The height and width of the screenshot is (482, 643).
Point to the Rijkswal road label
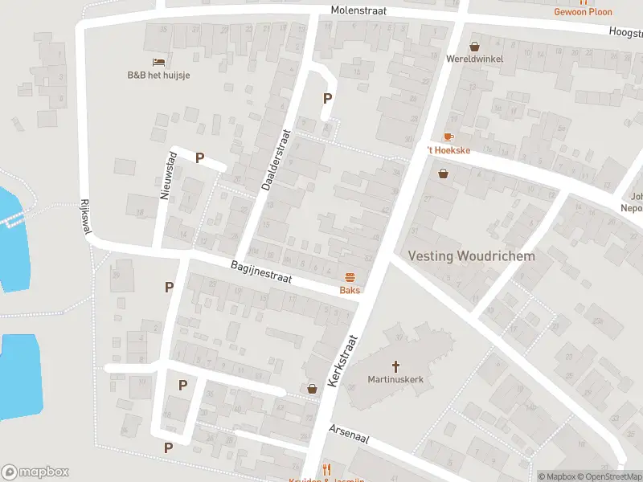click(x=85, y=217)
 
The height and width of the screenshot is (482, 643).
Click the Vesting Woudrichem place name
click(x=471, y=255)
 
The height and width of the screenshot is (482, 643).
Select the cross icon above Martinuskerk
click(x=395, y=366)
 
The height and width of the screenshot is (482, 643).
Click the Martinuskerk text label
click(x=395, y=379)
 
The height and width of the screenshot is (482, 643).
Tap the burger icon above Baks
click(x=350, y=277)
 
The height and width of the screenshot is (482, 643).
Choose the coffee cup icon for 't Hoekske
click(x=448, y=137)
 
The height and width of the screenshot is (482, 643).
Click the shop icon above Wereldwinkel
click(x=475, y=46)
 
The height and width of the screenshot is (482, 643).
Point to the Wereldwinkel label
click(x=475, y=59)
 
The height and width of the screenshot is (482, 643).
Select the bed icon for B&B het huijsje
click(x=158, y=62)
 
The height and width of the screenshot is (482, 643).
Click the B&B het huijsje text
click(x=158, y=75)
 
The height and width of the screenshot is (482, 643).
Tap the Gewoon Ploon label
click(x=583, y=12)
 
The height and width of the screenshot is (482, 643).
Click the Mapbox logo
click(x=35, y=472)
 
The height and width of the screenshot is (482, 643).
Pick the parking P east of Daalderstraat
click(x=327, y=98)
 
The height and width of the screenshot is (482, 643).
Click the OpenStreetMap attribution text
click(x=608, y=476)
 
